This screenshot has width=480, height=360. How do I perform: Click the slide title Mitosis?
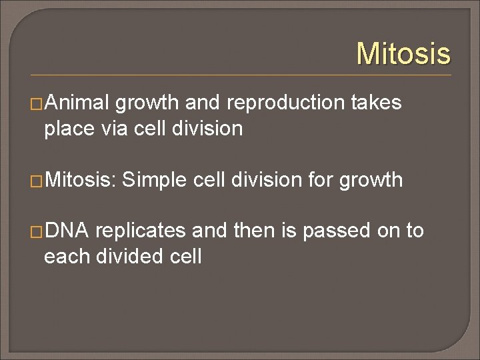coord(403,53)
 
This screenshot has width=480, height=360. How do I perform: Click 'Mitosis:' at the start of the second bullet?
coord(81,179)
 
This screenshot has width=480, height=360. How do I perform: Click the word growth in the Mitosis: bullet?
coord(371,180)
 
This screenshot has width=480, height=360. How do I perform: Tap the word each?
coord(65,256)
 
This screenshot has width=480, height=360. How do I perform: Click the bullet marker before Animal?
coord(37,103)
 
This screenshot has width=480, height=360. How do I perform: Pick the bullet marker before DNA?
coord(37,231)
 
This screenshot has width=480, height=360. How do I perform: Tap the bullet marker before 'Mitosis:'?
coord(37,180)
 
